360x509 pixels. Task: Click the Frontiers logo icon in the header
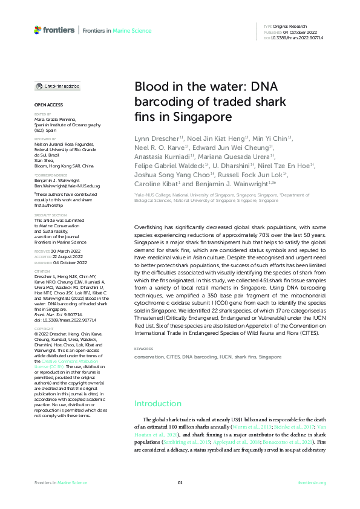[38, 29]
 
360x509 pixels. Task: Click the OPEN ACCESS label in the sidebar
[45, 106]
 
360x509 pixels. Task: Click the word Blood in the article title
[151, 87]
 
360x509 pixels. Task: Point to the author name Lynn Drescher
[155, 138]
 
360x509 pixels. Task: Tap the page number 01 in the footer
[180, 482]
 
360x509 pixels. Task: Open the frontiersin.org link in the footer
[312, 482]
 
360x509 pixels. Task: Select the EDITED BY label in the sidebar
[41, 114]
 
